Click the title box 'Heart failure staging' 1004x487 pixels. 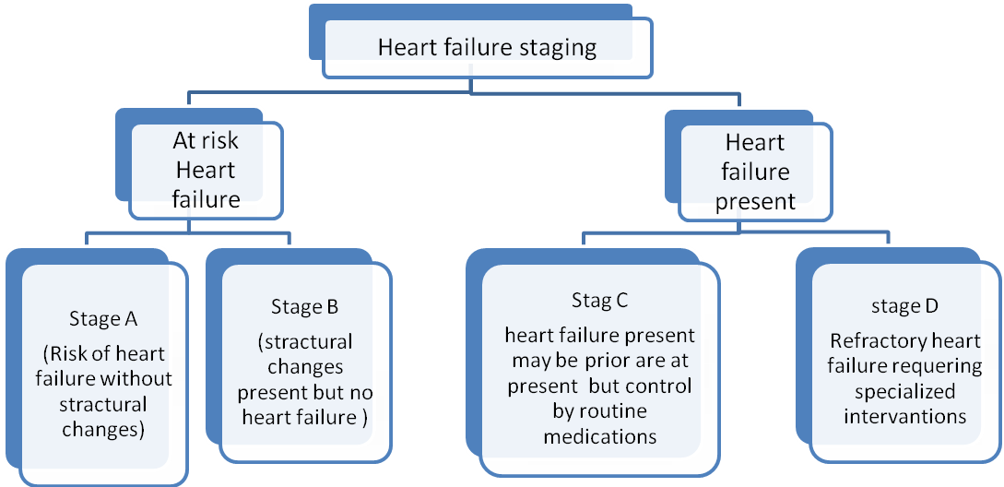487,48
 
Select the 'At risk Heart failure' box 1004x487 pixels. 206,171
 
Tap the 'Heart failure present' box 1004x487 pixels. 755,172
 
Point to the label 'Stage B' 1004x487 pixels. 305,306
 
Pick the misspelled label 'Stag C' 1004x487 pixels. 599,301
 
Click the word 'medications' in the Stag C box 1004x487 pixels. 600,436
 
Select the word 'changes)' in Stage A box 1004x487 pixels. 103,429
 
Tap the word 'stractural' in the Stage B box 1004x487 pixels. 308,342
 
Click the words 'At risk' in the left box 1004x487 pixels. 206,141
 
